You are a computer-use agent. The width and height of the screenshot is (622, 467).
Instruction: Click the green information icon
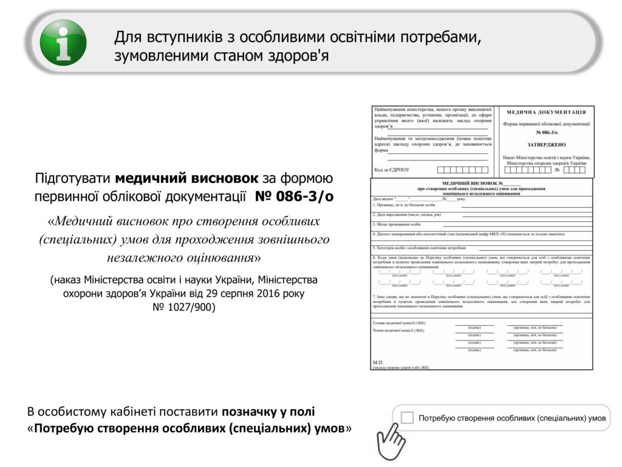63,43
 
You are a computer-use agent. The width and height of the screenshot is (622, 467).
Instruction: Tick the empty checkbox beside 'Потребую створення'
408,418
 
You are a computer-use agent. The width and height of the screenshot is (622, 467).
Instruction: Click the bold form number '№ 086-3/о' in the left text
294,197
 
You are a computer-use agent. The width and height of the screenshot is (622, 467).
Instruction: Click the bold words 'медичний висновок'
187,178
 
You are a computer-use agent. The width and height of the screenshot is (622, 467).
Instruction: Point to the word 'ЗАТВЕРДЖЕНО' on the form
546,145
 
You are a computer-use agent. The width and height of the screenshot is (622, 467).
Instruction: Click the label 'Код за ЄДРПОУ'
392,170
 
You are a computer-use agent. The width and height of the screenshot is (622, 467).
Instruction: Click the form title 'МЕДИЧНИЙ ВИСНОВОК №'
473,183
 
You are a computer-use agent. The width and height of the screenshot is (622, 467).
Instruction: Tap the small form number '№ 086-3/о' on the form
546,133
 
